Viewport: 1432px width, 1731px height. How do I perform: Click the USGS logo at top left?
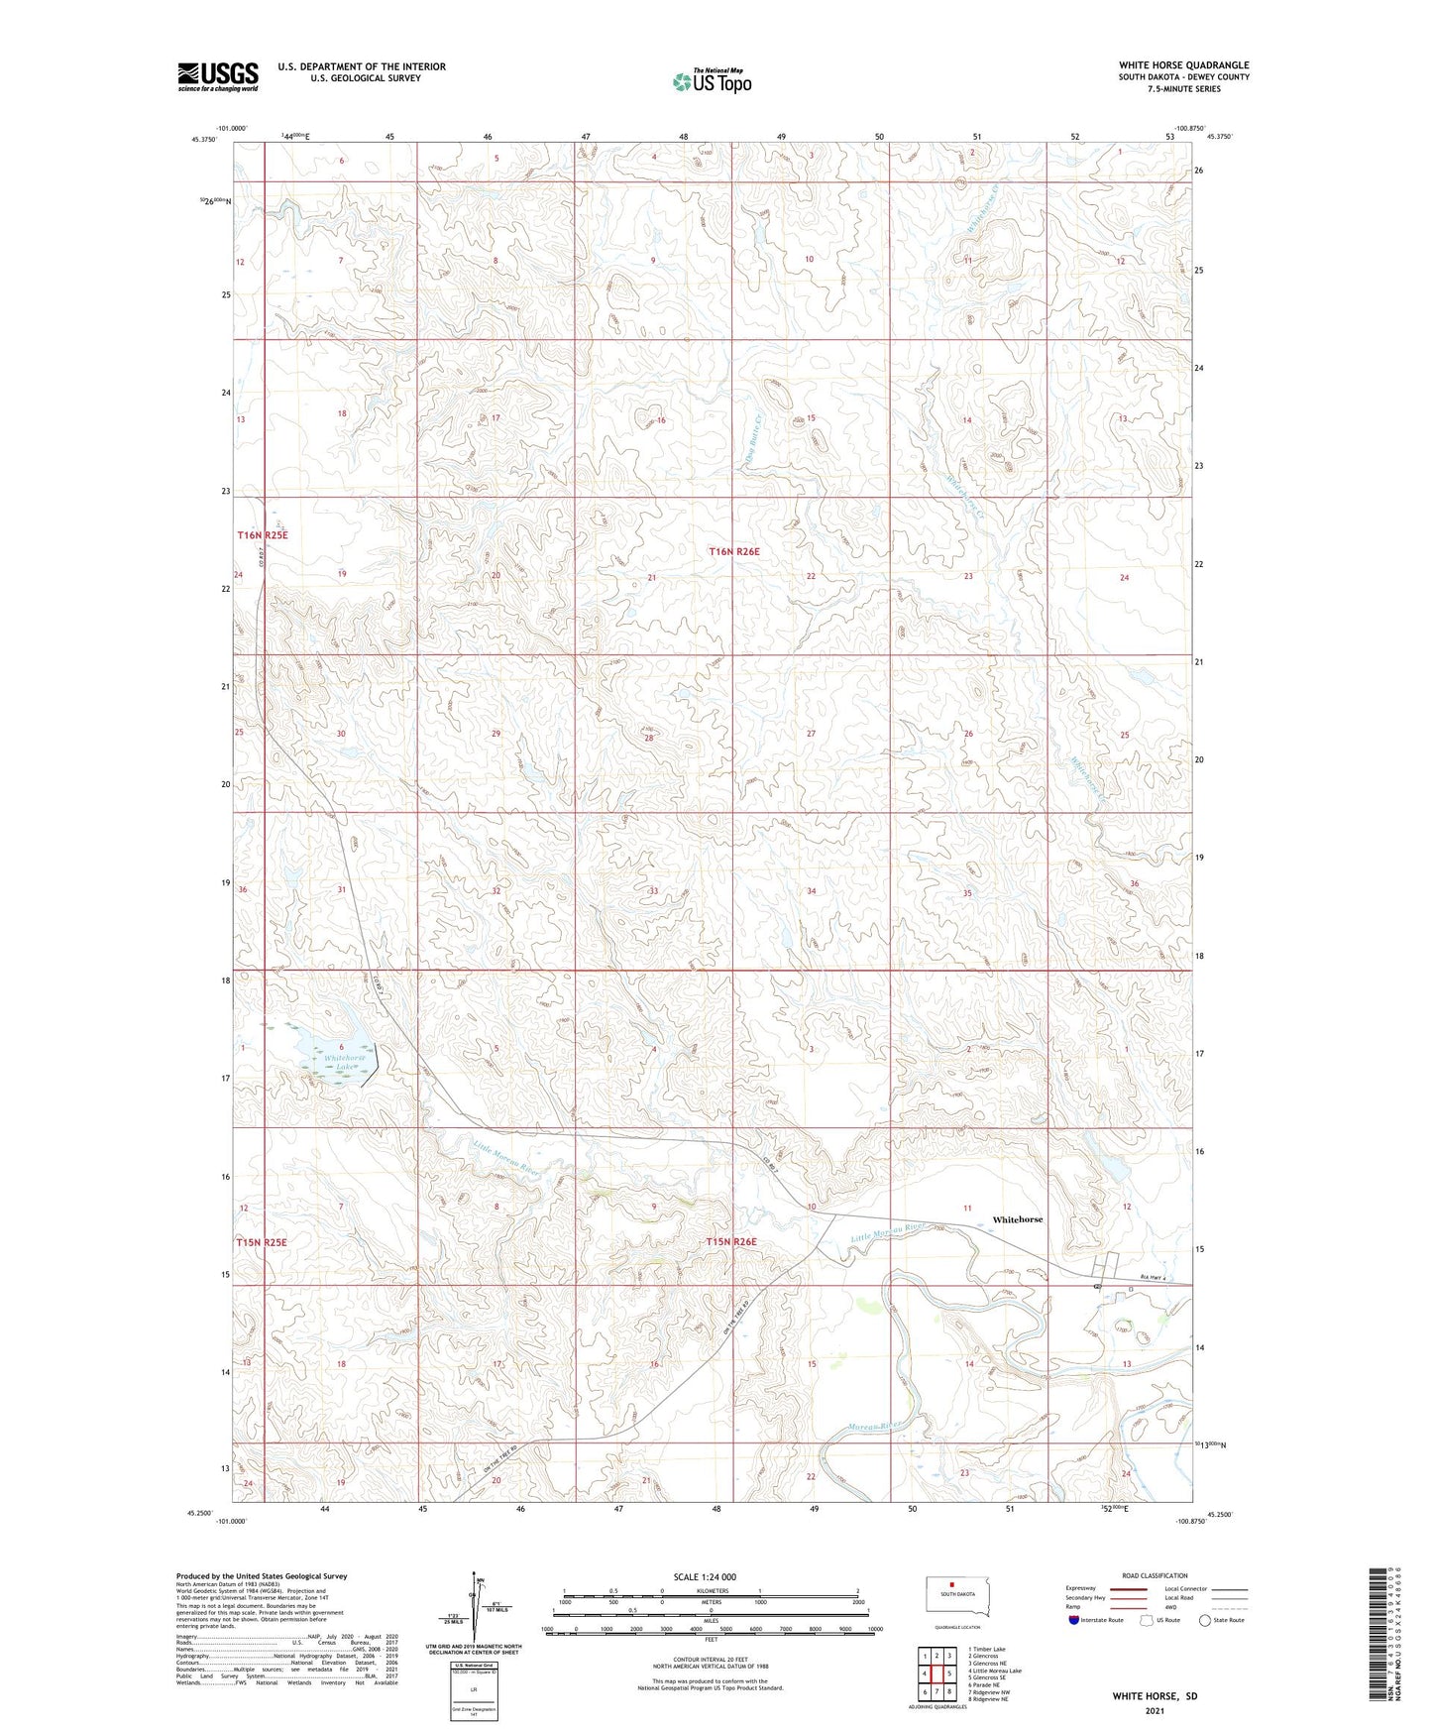[217, 76]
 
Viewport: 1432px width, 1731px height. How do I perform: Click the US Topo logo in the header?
[712, 81]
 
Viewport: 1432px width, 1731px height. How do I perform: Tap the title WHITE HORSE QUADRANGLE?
[1183, 65]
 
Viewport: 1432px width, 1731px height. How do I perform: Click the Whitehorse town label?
[1018, 1219]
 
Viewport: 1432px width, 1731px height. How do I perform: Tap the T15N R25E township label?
[262, 1242]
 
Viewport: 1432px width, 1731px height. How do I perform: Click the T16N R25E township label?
[262, 535]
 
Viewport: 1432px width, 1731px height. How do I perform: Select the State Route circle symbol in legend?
[1204, 1620]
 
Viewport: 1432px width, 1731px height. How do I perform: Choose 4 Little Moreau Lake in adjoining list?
[995, 1671]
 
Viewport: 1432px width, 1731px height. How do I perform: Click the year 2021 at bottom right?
[1154, 1712]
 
